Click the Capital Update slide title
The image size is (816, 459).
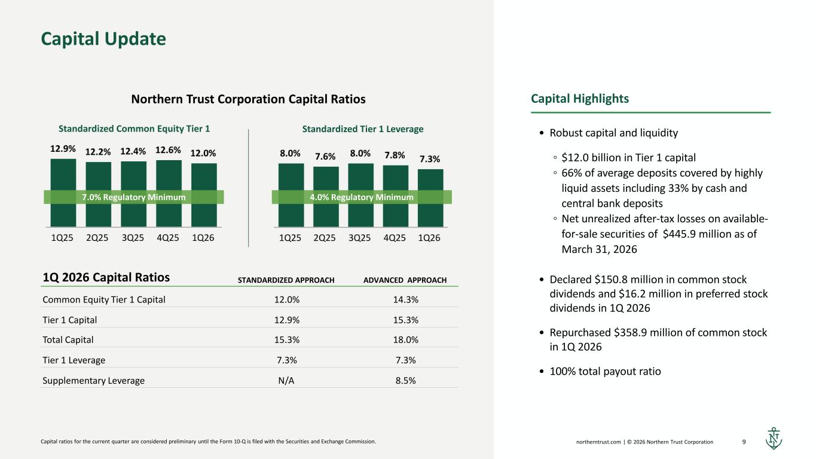click(x=103, y=39)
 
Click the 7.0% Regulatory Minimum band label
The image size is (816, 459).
click(x=134, y=197)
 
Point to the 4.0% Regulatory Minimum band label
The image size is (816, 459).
click(x=362, y=197)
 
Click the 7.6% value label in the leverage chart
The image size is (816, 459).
click(x=325, y=156)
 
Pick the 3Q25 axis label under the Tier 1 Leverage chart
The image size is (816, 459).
click(x=359, y=238)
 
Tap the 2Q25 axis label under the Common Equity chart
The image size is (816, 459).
click(x=97, y=238)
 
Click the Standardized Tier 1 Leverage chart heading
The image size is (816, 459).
click(x=362, y=128)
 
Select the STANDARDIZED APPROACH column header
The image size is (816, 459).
click(x=286, y=280)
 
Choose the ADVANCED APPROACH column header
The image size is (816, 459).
click(x=405, y=280)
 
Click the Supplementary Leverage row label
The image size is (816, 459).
click(x=94, y=380)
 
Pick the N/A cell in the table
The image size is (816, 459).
click(x=286, y=380)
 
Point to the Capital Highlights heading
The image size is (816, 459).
click(x=580, y=99)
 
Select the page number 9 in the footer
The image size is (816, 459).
click(x=744, y=442)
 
